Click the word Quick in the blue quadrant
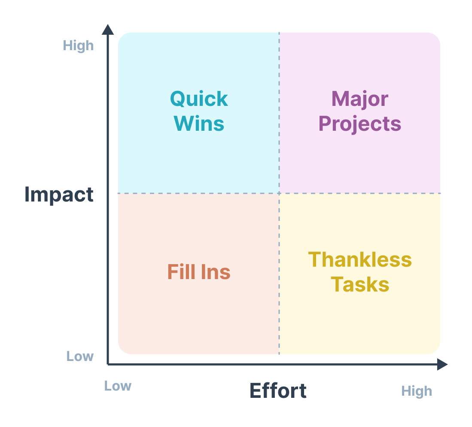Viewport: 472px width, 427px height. (x=199, y=99)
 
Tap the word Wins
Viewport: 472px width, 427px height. (x=199, y=123)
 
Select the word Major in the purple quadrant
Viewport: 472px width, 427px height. (x=360, y=99)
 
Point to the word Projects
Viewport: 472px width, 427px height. (x=360, y=124)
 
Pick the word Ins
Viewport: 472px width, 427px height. (x=216, y=272)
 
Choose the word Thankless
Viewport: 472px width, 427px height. (x=360, y=259)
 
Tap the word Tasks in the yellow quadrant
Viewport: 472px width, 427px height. (x=360, y=284)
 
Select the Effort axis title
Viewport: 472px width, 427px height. (x=278, y=391)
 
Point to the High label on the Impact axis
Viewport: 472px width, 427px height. (x=78, y=46)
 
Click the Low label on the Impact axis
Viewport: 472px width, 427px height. (x=80, y=356)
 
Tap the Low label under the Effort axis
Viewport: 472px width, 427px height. (x=118, y=386)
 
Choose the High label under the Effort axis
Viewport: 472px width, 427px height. (x=417, y=391)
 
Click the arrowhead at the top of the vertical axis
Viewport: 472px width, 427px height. (x=108, y=30)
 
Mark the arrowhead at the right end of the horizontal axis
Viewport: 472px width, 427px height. (x=442, y=364)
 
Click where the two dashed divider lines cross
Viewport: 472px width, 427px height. (x=279, y=193)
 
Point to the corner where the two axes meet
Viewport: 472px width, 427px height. (x=108, y=364)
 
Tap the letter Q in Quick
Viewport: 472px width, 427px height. (x=178, y=99)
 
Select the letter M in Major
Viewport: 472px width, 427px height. (x=340, y=99)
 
